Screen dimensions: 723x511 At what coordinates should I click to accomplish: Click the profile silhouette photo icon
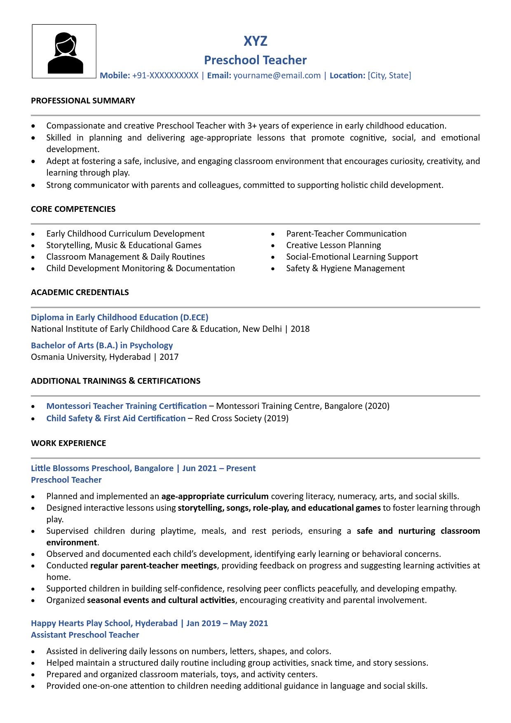(x=64, y=52)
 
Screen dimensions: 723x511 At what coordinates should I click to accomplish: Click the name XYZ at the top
(x=255, y=41)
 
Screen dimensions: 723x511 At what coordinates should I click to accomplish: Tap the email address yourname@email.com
(x=277, y=75)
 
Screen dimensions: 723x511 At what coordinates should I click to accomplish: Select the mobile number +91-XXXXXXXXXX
(x=165, y=75)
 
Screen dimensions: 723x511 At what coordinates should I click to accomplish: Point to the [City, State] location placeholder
(x=389, y=75)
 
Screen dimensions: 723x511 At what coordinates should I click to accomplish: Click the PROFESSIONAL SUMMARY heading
(x=83, y=101)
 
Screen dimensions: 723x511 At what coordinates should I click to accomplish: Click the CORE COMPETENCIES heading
(x=73, y=209)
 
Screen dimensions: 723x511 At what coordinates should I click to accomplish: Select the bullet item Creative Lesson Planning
(x=333, y=245)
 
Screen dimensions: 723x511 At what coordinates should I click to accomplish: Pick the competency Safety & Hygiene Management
(x=345, y=268)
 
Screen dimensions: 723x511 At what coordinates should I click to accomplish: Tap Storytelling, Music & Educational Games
(x=124, y=245)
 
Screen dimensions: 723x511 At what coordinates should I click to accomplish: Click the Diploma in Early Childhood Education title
(x=120, y=317)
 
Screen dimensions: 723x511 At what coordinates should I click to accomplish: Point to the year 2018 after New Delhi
(x=300, y=329)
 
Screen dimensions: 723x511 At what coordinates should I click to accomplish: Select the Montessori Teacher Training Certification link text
(x=126, y=406)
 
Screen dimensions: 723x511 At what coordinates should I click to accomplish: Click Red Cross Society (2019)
(x=241, y=418)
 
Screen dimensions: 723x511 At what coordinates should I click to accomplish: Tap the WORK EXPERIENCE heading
(x=68, y=443)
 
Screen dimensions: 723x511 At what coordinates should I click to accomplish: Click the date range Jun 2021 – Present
(x=219, y=468)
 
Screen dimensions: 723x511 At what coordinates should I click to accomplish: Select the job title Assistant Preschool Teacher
(x=85, y=635)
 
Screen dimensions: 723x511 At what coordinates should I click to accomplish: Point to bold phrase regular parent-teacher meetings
(x=153, y=566)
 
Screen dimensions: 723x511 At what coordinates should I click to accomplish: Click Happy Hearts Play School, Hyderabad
(x=104, y=623)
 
